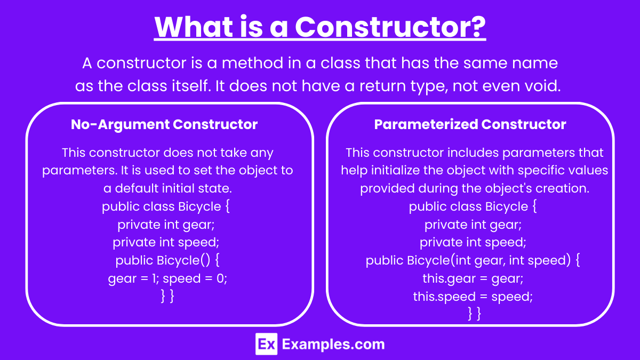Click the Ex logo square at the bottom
pyautogui.click(x=266, y=344)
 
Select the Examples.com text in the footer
pyautogui.click(x=333, y=345)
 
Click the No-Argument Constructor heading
pyautogui.click(x=164, y=124)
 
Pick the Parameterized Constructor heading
pyautogui.click(x=470, y=124)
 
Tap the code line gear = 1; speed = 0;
pyautogui.click(x=167, y=278)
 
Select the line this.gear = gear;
pyautogui.click(x=473, y=278)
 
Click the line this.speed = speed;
pyautogui.click(x=473, y=297)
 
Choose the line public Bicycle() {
pyautogui.click(x=167, y=260)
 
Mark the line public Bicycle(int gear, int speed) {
pyautogui.click(x=473, y=260)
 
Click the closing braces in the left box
pyautogui.click(x=167, y=296)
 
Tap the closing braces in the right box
pyautogui.click(x=475, y=314)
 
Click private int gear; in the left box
pyautogui.click(x=166, y=225)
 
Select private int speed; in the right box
pyautogui.click(x=473, y=242)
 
